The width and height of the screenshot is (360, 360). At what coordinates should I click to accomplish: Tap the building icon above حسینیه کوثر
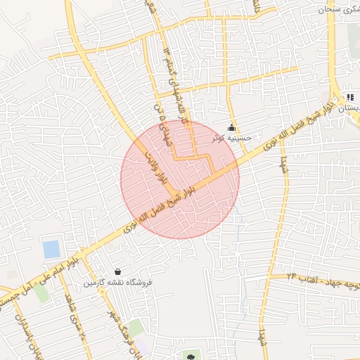(x=231, y=127)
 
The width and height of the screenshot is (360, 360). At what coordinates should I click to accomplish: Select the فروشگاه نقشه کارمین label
(x=118, y=283)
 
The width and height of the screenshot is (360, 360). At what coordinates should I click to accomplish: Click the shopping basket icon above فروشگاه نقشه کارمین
(x=117, y=272)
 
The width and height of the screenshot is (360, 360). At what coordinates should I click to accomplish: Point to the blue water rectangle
(x=51, y=249)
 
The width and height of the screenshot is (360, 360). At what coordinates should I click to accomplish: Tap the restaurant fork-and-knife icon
(x=349, y=97)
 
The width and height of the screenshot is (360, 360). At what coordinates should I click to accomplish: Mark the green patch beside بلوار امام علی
(x=42, y=293)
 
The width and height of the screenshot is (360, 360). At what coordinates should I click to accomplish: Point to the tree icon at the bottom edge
(x=190, y=356)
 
